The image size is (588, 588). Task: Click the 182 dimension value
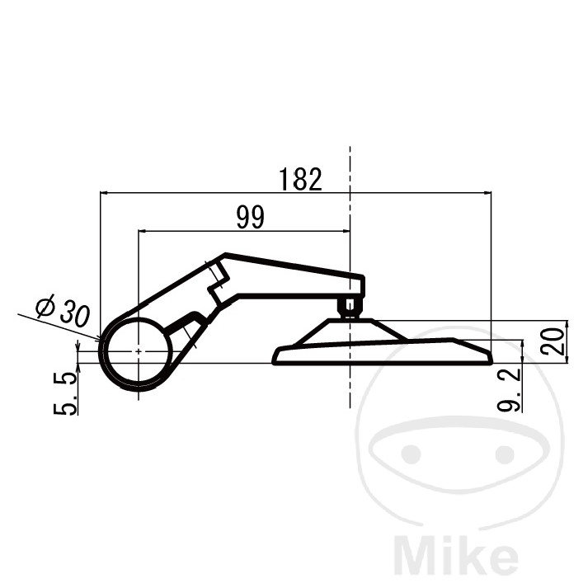coord(301,179)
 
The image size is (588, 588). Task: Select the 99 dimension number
coord(251,217)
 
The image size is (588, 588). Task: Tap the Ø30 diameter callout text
coord(63,310)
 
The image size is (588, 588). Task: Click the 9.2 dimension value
coord(510,390)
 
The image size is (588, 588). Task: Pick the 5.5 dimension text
coord(65,393)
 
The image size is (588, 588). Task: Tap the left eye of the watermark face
coord(411,454)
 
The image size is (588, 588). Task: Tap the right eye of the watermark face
coord(505,454)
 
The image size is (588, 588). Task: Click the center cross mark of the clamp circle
coord(139,351)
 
